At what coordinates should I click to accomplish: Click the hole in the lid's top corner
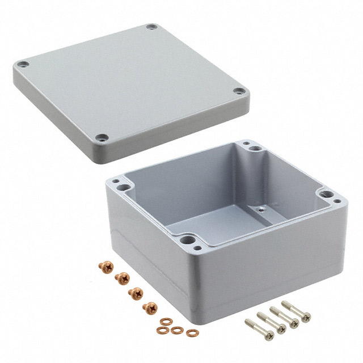click(150, 27)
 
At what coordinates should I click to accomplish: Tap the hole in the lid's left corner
click(22, 65)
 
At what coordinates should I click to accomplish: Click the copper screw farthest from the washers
click(104, 266)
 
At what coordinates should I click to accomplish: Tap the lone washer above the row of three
click(165, 322)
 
